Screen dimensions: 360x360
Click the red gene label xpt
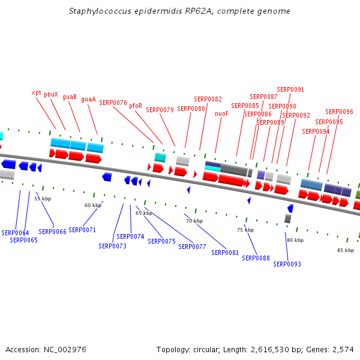[36, 93]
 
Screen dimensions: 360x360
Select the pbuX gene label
[51, 94]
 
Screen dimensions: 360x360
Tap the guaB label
[70, 97]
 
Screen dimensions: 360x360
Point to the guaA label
[88, 100]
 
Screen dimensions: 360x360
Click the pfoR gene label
[136, 106]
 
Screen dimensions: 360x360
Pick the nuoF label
[221, 113]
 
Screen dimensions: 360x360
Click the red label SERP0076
[113, 103]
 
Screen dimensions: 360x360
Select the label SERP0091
[290, 90]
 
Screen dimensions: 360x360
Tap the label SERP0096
[339, 112]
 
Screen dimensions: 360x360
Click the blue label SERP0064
[15, 233]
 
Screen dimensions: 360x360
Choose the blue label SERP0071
[82, 230]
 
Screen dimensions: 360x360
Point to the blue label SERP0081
[226, 253]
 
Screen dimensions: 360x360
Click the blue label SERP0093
[287, 264]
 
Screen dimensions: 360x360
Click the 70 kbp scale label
[194, 221]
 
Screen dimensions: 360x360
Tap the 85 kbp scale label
[345, 250]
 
